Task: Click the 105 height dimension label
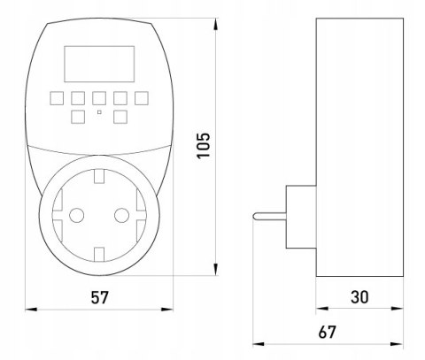[x=204, y=145]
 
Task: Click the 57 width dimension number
[x=99, y=297]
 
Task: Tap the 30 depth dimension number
[x=359, y=297]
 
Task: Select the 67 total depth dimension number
[x=327, y=333]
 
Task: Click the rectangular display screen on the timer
[x=99, y=64]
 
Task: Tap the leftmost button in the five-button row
[x=57, y=98]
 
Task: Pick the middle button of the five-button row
[x=99, y=98]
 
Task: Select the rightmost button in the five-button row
[x=142, y=98]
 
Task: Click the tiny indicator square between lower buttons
[x=99, y=112]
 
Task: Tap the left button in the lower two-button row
[x=78, y=117]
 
